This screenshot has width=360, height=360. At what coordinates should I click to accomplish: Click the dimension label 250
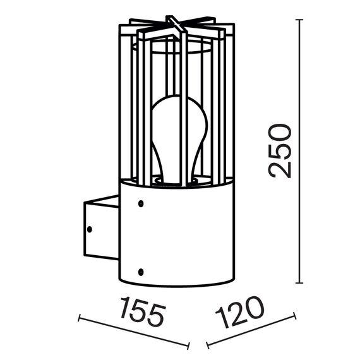pyautogui.click(x=279, y=152)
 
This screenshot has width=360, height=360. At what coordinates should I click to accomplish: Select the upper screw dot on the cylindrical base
pyautogui.click(x=140, y=204)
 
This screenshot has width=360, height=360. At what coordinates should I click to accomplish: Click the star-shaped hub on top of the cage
pyautogui.click(x=176, y=27)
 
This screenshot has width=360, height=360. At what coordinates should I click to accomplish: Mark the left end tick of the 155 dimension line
pyautogui.click(x=79, y=318)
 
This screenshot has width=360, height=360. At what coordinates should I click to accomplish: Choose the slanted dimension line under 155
pyautogui.click(x=134, y=332)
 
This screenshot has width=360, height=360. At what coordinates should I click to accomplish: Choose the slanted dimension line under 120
pyautogui.click(x=251, y=331)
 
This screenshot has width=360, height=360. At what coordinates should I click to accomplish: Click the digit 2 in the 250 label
pyautogui.click(x=279, y=169)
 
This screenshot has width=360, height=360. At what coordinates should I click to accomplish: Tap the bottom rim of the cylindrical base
pyautogui.click(x=170, y=285)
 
